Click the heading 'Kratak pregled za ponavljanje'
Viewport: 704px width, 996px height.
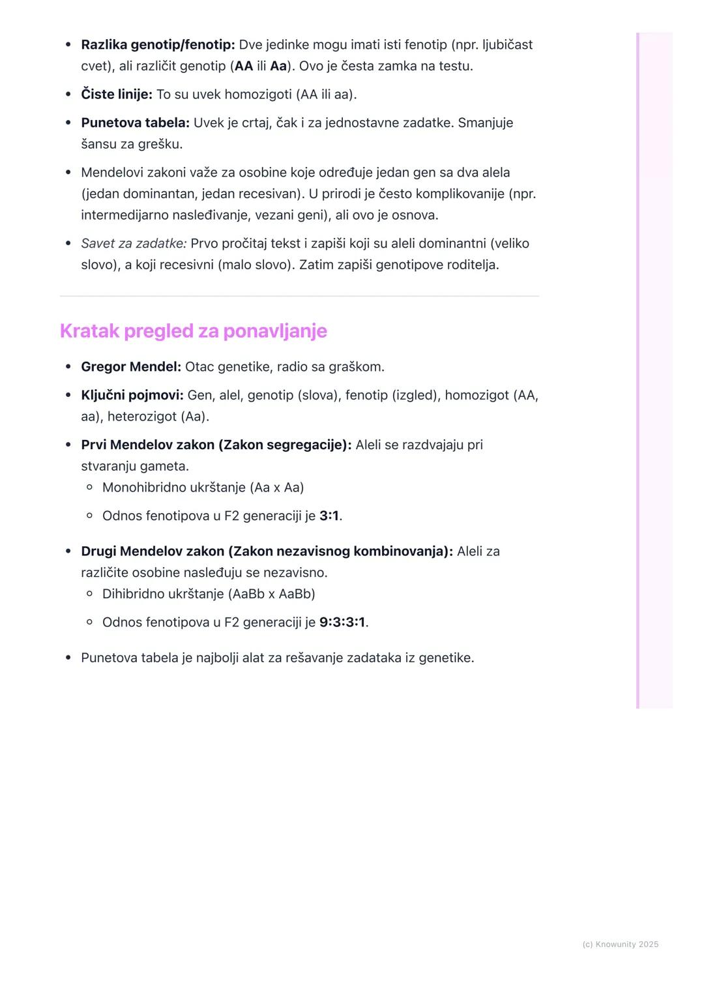[x=193, y=331]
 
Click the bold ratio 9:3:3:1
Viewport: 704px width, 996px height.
[x=342, y=622]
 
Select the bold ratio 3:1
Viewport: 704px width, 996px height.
[x=329, y=516]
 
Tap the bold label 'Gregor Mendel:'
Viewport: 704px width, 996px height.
[x=131, y=367]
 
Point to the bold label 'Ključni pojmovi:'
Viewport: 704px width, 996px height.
[x=132, y=396]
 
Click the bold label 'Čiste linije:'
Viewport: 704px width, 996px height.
[x=117, y=95]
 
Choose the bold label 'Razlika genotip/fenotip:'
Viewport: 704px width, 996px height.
[x=158, y=45]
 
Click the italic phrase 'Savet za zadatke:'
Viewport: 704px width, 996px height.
[x=134, y=244]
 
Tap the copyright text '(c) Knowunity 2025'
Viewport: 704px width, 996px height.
[x=620, y=945]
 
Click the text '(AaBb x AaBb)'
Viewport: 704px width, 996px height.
[x=271, y=594]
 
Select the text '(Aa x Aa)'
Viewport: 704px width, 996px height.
[x=276, y=488]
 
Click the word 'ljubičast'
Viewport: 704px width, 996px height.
[x=507, y=45]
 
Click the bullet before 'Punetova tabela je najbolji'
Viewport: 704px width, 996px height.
[x=68, y=658]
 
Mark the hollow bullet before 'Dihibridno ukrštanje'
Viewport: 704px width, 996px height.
[x=90, y=594]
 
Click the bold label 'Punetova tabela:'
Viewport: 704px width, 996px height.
[x=135, y=123]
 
